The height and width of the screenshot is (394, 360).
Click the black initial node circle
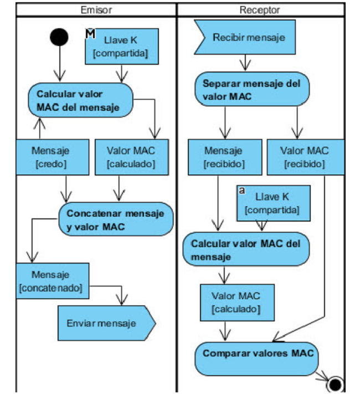coord(59,37)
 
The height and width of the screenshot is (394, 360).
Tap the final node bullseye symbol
coord(335,383)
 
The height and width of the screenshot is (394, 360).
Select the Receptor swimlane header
coord(260,10)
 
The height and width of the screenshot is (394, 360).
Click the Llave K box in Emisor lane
coord(122,47)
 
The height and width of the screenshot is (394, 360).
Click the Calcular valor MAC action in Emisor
coord(80,100)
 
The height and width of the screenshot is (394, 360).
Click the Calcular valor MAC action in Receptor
coord(246,250)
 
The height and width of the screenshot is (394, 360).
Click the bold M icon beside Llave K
coord(91,33)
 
